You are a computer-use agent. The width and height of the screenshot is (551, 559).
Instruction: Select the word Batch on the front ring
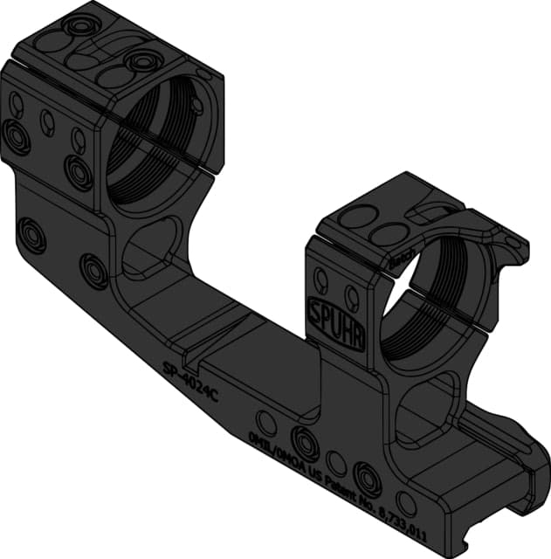click(x=402, y=258)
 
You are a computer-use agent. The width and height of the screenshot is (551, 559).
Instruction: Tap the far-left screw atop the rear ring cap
click(x=81, y=27)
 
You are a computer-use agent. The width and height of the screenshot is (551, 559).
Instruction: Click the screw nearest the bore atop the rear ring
click(x=141, y=61)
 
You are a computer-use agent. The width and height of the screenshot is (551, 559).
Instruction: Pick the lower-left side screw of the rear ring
click(x=16, y=135)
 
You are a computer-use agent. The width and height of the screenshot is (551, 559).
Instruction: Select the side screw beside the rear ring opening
click(x=79, y=170)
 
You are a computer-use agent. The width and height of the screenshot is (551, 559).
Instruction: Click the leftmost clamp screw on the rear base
click(x=33, y=234)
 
